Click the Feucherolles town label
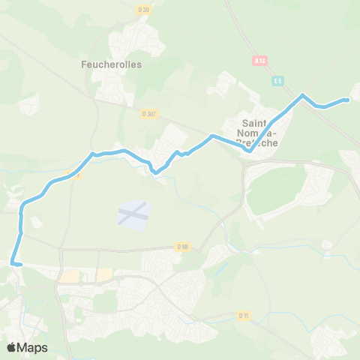[111, 64]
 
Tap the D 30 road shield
[145, 10]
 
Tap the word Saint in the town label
[256, 122]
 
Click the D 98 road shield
[183, 246]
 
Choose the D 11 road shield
[244, 316]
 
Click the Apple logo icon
[12, 347]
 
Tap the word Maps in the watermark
[33, 347]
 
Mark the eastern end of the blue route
[348, 100]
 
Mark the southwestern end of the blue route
[13, 262]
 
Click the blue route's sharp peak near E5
[302, 94]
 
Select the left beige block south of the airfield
[70, 277]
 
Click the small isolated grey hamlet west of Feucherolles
[28, 104]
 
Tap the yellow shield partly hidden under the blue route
[73, 174]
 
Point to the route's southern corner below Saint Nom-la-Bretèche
[248, 150]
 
